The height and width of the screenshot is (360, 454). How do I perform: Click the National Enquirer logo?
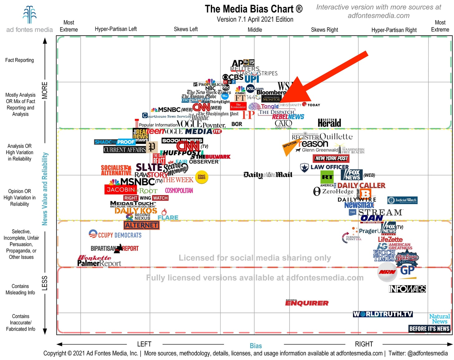[x=307, y=303]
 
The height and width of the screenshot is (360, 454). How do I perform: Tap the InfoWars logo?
[x=407, y=289]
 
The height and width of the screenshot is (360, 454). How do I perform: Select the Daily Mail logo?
[x=268, y=175]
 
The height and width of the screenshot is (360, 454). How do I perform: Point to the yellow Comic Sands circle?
[x=201, y=177]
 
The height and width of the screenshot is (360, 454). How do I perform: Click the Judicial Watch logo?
[x=402, y=200]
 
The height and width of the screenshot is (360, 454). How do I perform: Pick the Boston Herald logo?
[x=329, y=123]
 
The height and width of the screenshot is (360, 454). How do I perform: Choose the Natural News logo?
[x=439, y=319]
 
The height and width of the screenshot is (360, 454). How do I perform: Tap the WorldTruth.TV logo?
[x=383, y=314]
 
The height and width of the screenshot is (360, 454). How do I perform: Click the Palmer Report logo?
[x=99, y=263]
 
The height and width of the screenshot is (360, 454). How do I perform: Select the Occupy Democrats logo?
[x=115, y=235]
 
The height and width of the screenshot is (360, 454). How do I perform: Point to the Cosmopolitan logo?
[x=179, y=190]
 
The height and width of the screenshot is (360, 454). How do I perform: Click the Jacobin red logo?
[x=121, y=189]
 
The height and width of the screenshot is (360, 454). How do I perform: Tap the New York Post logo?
[x=331, y=158]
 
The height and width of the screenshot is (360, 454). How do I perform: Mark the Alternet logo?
[x=142, y=225]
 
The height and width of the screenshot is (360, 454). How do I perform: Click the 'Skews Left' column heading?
[x=186, y=29]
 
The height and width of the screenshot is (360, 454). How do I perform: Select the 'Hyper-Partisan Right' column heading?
[x=394, y=30]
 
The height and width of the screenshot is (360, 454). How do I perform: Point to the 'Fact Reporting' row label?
[x=20, y=60]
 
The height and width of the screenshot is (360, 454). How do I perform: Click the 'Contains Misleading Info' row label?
[x=20, y=289]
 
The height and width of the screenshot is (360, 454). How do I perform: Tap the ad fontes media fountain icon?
[x=30, y=14]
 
